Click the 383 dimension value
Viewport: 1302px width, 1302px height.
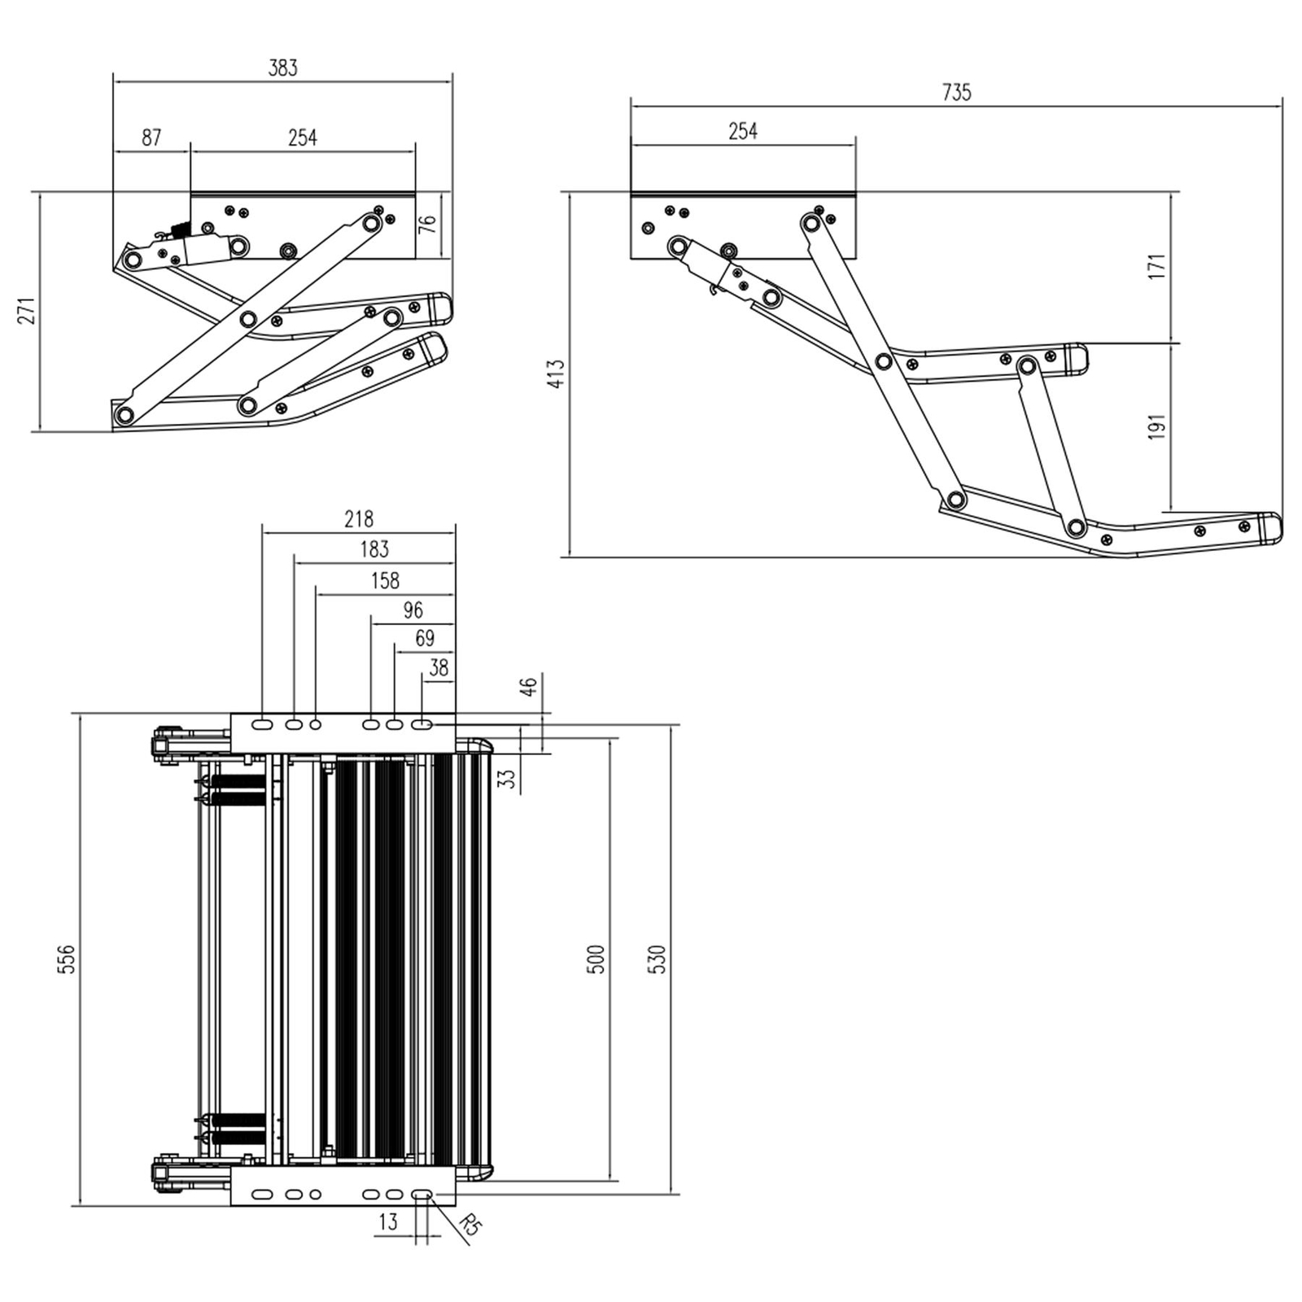(x=283, y=68)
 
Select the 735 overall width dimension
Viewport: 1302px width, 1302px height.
(x=957, y=93)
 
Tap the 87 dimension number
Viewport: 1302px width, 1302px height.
(x=151, y=138)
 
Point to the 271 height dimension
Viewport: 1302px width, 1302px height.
(x=27, y=311)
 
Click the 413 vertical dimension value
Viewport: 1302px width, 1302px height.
(x=556, y=374)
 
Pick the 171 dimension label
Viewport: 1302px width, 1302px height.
(x=1156, y=267)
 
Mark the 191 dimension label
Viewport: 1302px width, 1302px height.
(x=1156, y=427)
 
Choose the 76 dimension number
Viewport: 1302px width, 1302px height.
(x=427, y=225)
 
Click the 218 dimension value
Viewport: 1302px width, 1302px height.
(x=358, y=518)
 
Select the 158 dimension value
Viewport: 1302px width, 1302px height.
(x=385, y=580)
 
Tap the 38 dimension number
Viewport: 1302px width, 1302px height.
(x=439, y=668)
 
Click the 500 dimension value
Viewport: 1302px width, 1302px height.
(x=596, y=960)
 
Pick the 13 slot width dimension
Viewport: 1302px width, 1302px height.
(x=388, y=1221)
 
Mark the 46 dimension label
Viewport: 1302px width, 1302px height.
(x=529, y=687)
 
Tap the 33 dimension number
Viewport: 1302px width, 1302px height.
(x=508, y=779)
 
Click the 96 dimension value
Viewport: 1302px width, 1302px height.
(x=413, y=610)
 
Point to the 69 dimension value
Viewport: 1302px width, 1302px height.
(x=424, y=639)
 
